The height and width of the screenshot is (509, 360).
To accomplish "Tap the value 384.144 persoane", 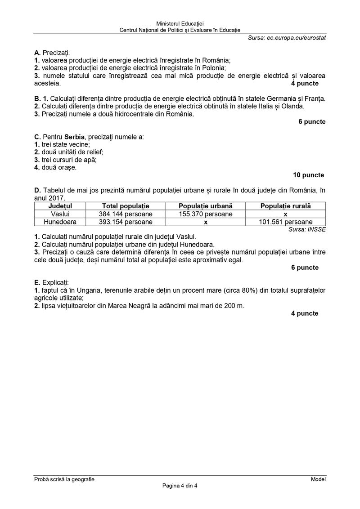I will (x=126, y=214).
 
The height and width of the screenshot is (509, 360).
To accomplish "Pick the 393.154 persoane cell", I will (x=126, y=222).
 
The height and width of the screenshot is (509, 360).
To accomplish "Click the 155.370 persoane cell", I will (x=206, y=214).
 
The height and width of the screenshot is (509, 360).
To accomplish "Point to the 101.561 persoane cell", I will (x=285, y=222).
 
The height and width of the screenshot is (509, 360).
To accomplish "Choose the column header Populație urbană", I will (x=206, y=206).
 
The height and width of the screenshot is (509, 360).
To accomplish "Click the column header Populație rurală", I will (x=285, y=206).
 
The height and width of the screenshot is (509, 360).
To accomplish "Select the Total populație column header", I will (x=126, y=206).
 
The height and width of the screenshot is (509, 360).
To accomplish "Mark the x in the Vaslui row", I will (x=285, y=214).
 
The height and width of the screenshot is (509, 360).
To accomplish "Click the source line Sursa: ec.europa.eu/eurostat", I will (x=287, y=38).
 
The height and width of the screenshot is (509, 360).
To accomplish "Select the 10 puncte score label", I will (x=308, y=175).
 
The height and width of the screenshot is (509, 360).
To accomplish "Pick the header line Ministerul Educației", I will (x=180, y=23).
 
